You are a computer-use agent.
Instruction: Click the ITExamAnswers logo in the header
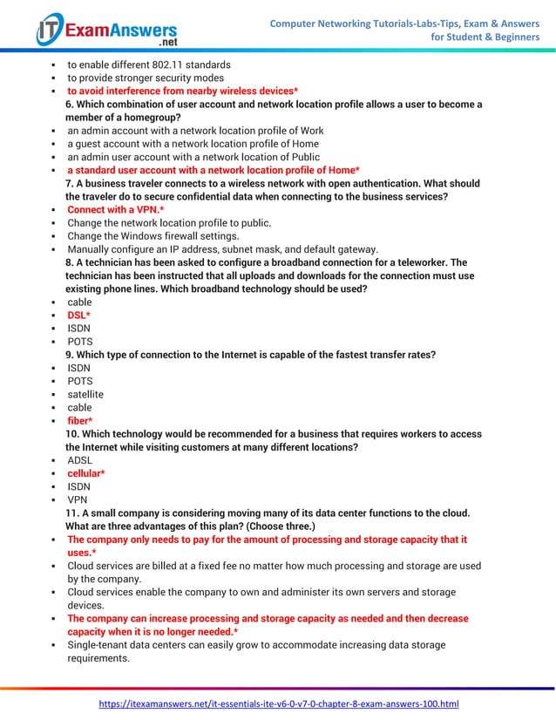pyautogui.click(x=106, y=31)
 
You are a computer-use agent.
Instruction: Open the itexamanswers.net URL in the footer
pyautogui.click(x=278, y=703)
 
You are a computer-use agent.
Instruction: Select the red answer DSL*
pyautogui.click(x=79, y=315)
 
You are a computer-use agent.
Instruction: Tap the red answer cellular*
pyautogui.click(x=86, y=473)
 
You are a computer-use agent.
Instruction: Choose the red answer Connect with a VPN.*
pyautogui.click(x=115, y=210)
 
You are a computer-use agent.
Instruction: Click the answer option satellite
pyautogui.click(x=85, y=394)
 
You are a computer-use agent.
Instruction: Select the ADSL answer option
pyautogui.click(x=79, y=460)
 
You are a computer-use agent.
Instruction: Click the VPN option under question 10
pyautogui.click(x=78, y=499)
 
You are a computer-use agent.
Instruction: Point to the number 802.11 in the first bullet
pyautogui.click(x=174, y=65)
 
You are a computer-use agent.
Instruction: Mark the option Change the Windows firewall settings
pyautogui.click(x=153, y=236)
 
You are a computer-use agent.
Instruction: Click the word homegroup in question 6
pyautogui.click(x=148, y=118)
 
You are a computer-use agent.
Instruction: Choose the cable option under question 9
pyautogui.click(x=79, y=408)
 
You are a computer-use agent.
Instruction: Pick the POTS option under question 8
pyautogui.click(x=80, y=342)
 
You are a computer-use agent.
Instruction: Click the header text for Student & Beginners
pyautogui.click(x=485, y=37)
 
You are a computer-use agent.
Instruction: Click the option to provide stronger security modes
pyautogui.click(x=146, y=78)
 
